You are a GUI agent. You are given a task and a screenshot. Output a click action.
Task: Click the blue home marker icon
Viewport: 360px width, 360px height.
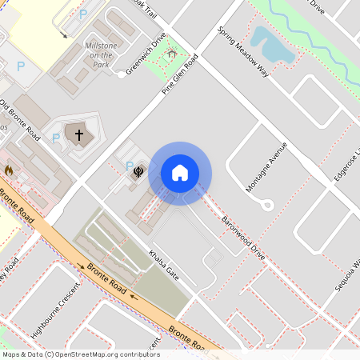[x=180, y=173]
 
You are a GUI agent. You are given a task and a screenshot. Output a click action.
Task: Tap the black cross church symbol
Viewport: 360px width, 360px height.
[x=78, y=135]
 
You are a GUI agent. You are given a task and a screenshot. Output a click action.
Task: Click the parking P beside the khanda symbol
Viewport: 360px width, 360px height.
[x=130, y=166]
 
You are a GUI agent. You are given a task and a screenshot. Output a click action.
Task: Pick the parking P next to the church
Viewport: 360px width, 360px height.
[x=56, y=138]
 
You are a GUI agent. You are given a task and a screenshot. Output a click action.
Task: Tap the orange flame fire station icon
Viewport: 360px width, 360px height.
[x=9, y=170]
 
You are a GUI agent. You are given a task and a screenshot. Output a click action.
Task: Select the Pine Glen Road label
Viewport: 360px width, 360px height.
[x=179, y=74]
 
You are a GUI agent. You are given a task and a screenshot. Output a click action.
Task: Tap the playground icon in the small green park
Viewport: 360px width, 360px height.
[x=170, y=55]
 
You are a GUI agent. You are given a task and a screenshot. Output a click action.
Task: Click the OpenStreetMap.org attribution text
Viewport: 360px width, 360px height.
[x=104, y=354]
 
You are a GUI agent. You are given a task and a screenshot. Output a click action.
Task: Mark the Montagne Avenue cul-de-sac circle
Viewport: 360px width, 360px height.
[x=268, y=206]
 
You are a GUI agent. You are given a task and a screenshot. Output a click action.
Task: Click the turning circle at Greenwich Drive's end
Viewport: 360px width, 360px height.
[x=122, y=73]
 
